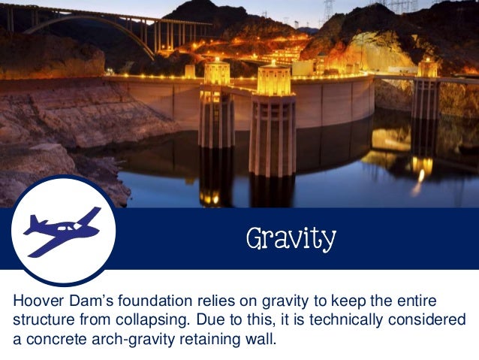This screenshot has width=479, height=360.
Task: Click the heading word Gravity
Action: point(291,239)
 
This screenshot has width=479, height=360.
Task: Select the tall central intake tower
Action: point(273,120)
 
